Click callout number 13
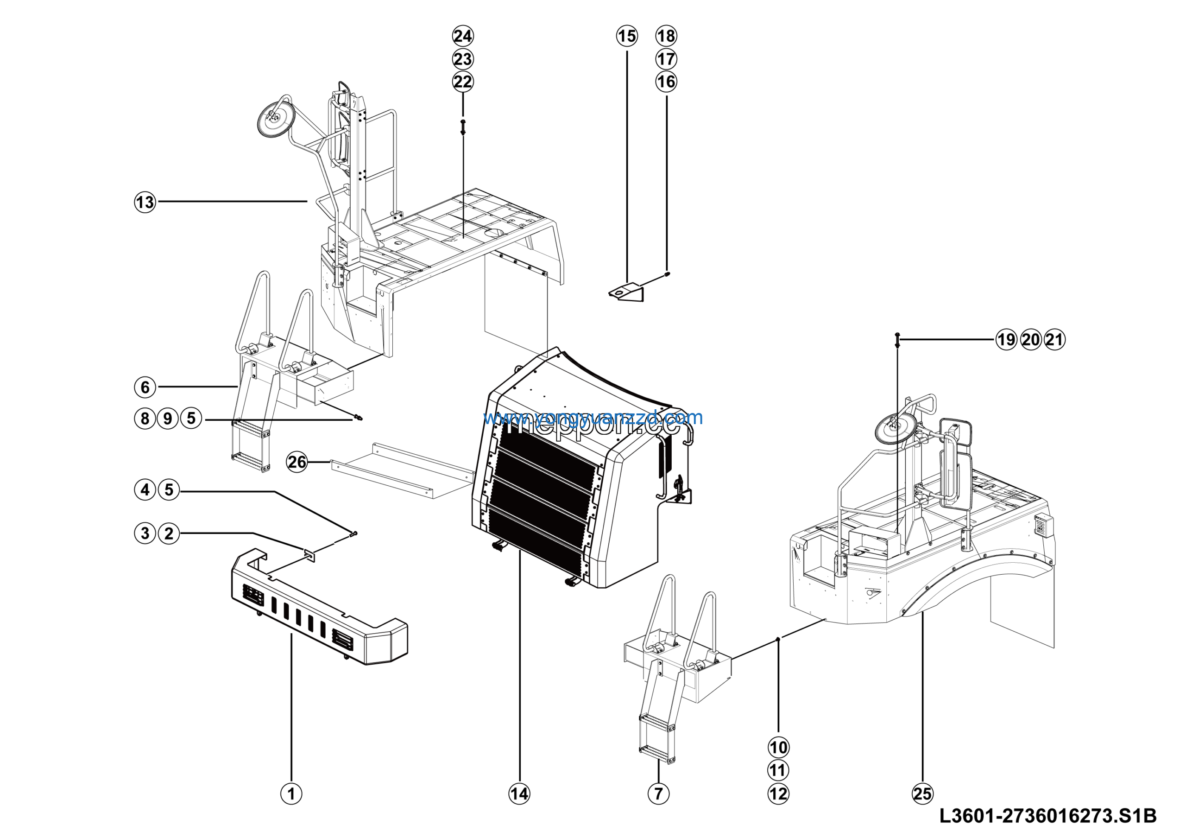click(x=145, y=202)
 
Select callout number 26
click(x=297, y=462)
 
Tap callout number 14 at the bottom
click(x=519, y=794)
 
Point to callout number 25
click(x=922, y=794)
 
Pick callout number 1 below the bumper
click(x=291, y=794)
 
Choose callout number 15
click(x=627, y=36)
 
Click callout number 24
click(x=463, y=36)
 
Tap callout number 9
click(x=168, y=418)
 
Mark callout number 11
click(x=778, y=770)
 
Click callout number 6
click(x=145, y=387)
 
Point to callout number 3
click(x=145, y=533)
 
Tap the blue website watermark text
click(x=593, y=418)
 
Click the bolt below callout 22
click(x=463, y=127)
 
